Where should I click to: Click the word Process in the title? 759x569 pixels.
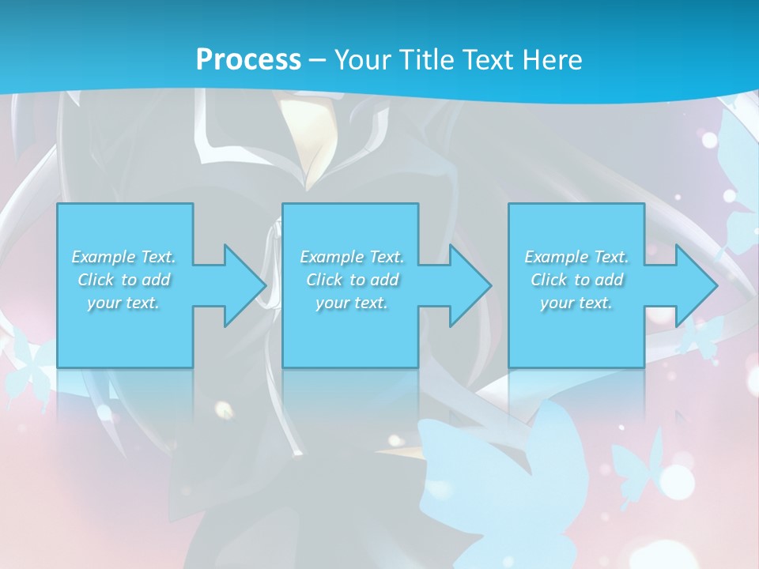tap(248, 59)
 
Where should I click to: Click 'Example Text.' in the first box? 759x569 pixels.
tap(123, 257)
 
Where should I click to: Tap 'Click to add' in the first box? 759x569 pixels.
tap(123, 280)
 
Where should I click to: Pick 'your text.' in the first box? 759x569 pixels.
tap(123, 303)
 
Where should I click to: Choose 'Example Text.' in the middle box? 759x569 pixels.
tap(351, 257)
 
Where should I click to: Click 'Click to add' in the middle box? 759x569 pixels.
tap(351, 280)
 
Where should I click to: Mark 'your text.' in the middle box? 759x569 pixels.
tap(351, 303)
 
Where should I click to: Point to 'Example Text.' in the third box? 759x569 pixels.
tap(576, 257)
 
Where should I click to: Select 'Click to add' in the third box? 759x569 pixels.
tap(576, 280)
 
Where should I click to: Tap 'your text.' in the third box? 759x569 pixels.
tap(576, 303)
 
